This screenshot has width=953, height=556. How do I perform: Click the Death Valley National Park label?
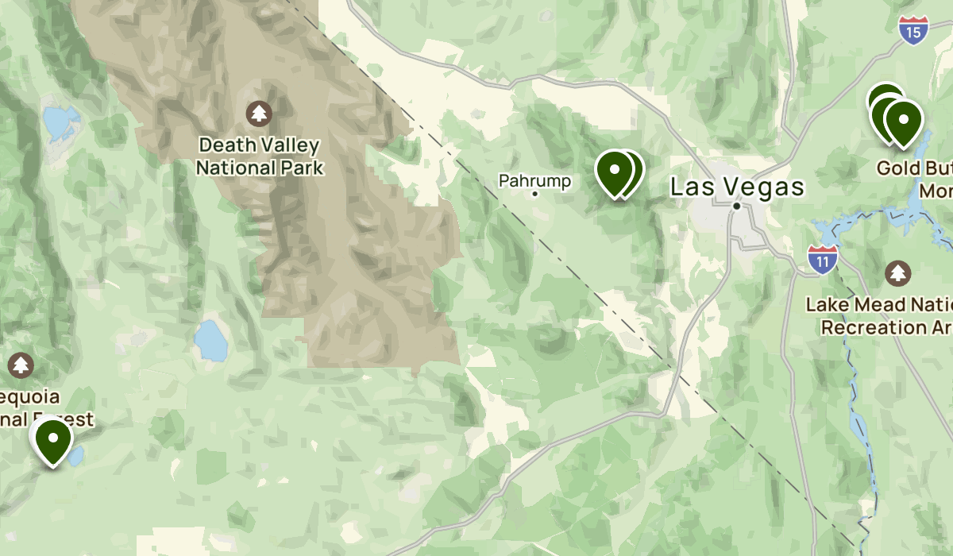260,156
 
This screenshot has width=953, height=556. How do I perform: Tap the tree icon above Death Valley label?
260,114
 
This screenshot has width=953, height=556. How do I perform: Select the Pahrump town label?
534,181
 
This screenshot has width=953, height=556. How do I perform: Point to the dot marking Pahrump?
535,193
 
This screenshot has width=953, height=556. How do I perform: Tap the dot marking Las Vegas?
737,206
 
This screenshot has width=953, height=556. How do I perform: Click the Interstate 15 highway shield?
914,30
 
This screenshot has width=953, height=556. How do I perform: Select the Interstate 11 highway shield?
822,259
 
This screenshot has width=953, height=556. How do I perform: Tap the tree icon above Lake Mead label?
897,273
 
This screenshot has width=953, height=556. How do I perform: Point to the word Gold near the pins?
897,168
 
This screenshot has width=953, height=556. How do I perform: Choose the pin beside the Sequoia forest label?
53,440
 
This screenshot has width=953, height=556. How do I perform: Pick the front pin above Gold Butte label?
903,122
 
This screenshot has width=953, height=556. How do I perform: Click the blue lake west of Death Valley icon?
60,122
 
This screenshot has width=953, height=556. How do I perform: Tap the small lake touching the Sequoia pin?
76,455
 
